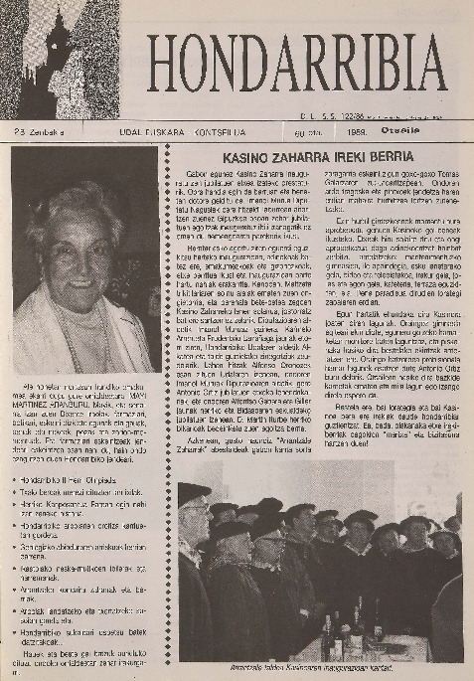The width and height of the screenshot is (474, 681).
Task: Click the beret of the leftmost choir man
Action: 195,491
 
